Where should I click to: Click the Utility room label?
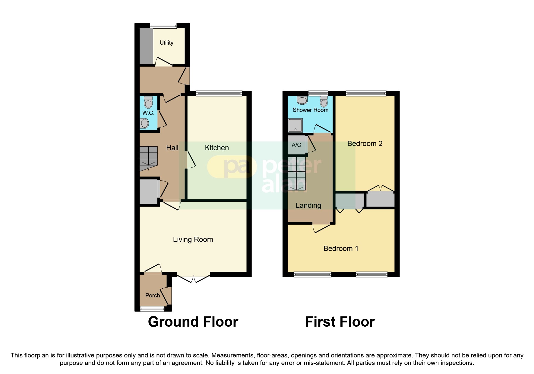click(x=166, y=43)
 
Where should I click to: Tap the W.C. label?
click(x=148, y=113)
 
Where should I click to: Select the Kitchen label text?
click(x=217, y=148)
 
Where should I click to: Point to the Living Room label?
click(x=193, y=239)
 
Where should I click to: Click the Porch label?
click(x=153, y=296)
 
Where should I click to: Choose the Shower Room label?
click(x=310, y=110)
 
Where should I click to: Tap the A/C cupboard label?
click(x=296, y=145)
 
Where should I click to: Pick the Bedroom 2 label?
click(x=365, y=144)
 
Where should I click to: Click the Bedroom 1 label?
click(x=341, y=249)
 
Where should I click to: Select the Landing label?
click(x=308, y=205)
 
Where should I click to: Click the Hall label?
click(x=172, y=148)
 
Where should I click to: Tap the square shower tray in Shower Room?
click(x=295, y=125)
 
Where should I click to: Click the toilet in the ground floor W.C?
click(x=148, y=103)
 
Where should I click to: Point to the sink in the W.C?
click(x=144, y=123)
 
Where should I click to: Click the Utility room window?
click(x=163, y=26)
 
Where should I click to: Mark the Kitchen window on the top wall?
click(x=219, y=93)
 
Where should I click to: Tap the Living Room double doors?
click(x=193, y=278)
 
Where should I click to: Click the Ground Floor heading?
click(x=193, y=322)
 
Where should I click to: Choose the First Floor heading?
click(x=340, y=322)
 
